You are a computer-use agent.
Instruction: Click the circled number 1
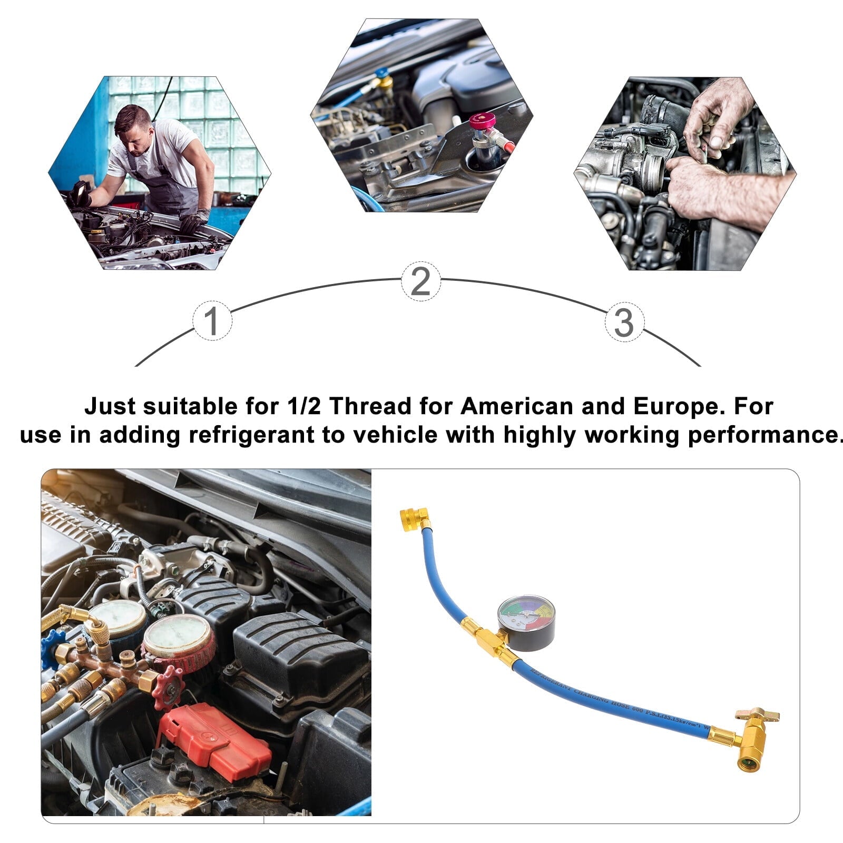pos(211,321)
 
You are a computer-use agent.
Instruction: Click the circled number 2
pos(420,281)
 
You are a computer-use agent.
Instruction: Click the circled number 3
pos(624,322)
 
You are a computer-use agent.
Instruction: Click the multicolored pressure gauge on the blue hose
pos(526,622)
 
